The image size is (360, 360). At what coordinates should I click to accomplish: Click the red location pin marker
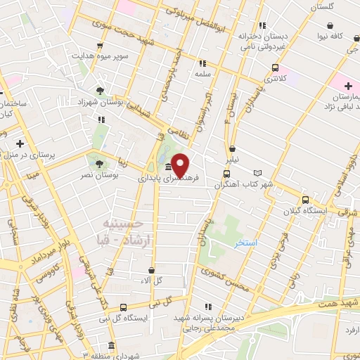pos(181,166)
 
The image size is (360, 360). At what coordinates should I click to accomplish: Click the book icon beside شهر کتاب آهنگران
pos(257,173)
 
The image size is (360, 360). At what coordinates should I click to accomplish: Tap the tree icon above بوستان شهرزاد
pos(100,90)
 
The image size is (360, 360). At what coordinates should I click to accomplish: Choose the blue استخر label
pos(246,243)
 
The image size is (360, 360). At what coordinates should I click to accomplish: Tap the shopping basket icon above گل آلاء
pos(152,269)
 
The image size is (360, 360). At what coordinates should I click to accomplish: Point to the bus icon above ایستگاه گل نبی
pos(124,307)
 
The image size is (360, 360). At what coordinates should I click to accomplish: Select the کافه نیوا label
pos(329,35)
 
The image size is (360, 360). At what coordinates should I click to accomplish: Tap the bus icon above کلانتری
pos(275,68)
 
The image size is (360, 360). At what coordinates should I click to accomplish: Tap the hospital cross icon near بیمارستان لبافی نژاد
pos(348,85)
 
